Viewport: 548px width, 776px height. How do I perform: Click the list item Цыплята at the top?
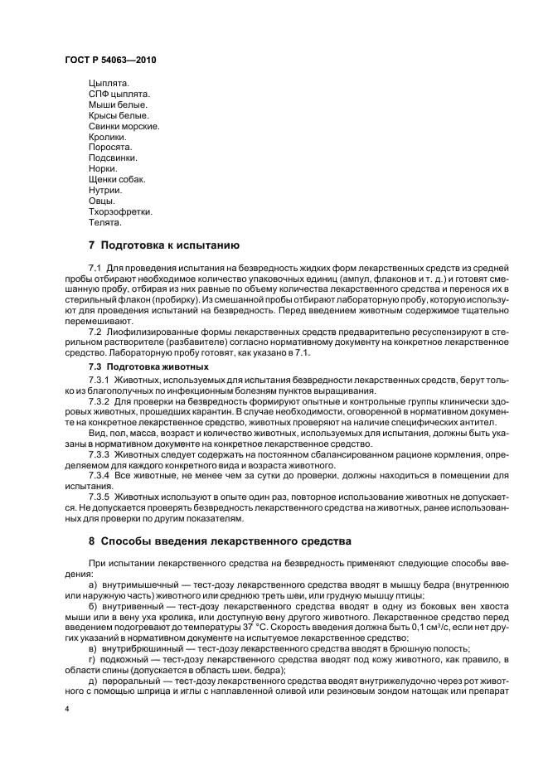coord(109,83)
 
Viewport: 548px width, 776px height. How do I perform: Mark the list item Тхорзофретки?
coord(120,211)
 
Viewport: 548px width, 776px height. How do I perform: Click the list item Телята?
coord(105,222)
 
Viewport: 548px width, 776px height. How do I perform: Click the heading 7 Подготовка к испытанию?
coord(164,245)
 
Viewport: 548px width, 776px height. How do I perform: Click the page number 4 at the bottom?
coord(66,710)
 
